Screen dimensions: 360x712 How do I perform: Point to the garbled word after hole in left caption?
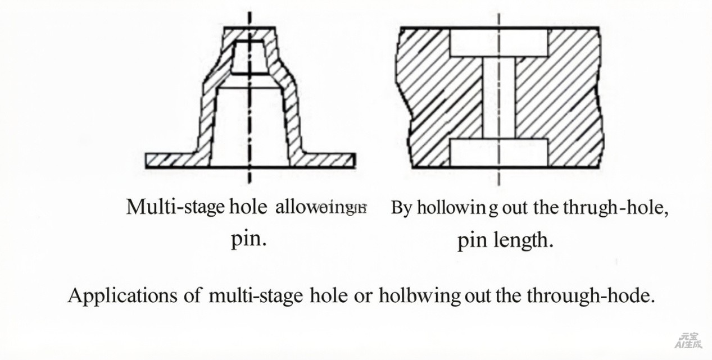coord(321,208)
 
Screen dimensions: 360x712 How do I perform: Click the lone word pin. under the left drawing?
coord(248,239)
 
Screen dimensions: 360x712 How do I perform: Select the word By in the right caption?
coord(401,208)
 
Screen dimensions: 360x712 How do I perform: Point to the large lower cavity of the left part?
coord(250,126)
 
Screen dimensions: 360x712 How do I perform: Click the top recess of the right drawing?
coord(498,43)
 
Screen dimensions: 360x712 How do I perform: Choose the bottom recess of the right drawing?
coord(498,153)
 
